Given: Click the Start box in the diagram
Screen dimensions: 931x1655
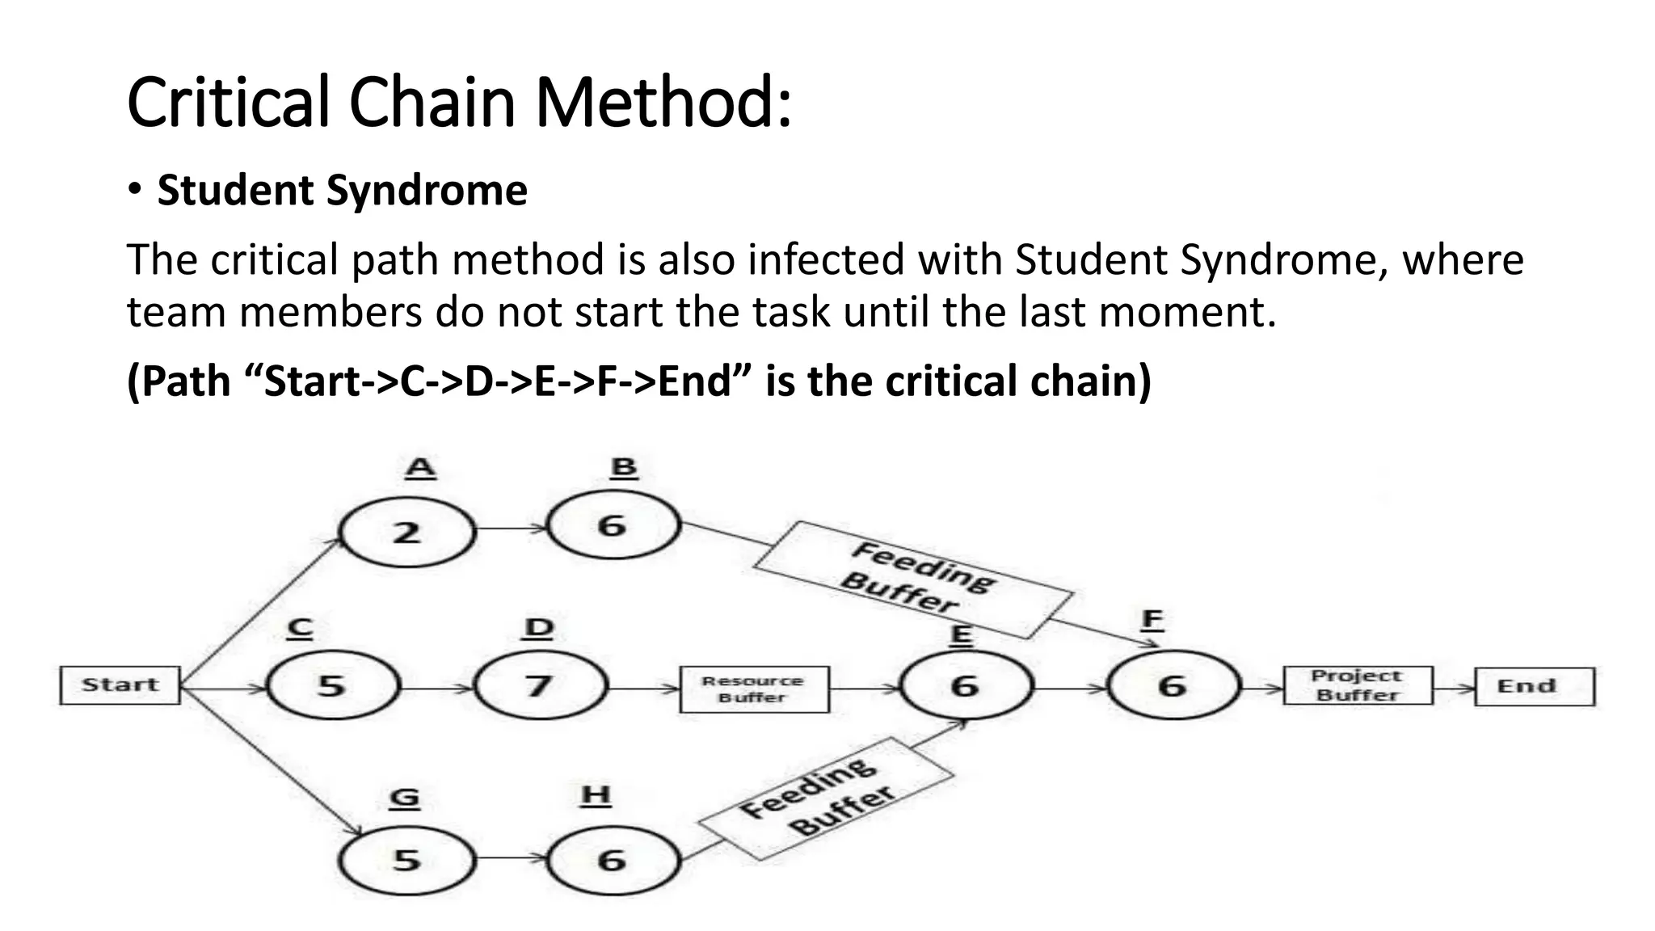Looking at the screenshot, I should (x=120, y=685).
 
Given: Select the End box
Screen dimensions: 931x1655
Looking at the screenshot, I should (x=1534, y=686).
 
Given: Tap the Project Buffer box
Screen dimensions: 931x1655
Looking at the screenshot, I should (x=1358, y=685).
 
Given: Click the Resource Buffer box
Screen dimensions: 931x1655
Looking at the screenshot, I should (x=754, y=689).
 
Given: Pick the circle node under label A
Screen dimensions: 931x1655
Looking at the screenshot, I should (x=406, y=533).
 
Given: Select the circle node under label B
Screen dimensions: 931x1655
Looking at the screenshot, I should (x=613, y=526).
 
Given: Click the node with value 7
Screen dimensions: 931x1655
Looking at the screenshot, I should (x=539, y=686).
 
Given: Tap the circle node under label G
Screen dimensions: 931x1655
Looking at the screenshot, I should (x=406, y=859).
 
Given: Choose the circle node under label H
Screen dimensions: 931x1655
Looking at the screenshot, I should (x=613, y=859).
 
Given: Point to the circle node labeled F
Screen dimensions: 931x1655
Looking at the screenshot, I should (x=1173, y=686).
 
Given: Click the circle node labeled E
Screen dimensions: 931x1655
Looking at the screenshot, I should (x=966, y=686).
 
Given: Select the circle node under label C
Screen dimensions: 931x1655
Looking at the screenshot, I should (x=332, y=686).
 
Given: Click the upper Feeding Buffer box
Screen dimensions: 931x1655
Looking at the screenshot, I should (x=914, y=579).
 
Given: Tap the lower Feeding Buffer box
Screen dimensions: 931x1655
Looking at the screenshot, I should (x=825, y=798).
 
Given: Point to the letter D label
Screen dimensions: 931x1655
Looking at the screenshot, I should (x=539, y=628).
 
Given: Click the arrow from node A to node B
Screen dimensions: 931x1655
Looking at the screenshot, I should (x=511, y=529).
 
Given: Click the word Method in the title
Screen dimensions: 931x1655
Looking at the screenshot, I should (x=662, y=103).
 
